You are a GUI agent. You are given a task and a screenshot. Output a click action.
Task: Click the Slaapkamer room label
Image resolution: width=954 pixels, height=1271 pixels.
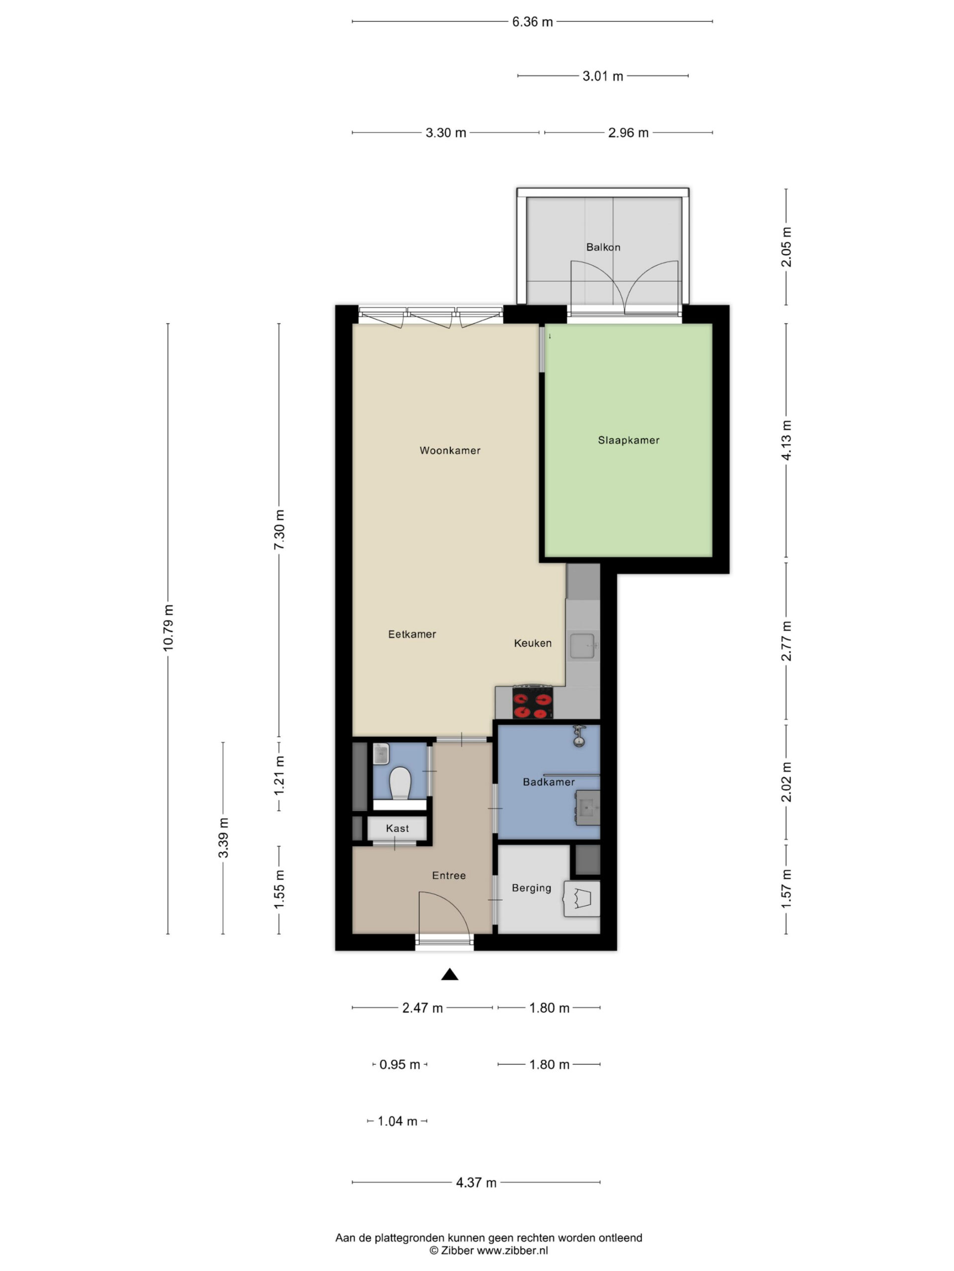628,440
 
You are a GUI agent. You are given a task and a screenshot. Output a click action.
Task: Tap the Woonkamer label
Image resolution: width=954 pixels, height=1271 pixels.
450,450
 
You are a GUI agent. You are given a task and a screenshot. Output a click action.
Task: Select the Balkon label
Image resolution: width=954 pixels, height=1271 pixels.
603,247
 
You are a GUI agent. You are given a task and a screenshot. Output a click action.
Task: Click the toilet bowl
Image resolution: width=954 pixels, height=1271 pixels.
399,782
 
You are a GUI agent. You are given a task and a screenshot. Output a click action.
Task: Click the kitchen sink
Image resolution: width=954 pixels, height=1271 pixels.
584,645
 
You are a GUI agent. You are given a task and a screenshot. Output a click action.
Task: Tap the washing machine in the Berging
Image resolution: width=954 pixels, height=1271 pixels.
582,898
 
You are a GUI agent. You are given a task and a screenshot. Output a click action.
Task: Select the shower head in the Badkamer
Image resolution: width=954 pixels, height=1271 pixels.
578,736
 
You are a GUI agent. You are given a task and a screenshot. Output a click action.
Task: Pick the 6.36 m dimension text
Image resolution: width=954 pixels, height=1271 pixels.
533,22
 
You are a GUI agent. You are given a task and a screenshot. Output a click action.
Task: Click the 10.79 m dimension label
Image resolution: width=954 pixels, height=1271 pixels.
168,628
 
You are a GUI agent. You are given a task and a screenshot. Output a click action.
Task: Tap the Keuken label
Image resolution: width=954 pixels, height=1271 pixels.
533,643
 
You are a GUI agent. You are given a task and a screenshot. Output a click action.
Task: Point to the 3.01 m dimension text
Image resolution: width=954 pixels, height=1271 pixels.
603,76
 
